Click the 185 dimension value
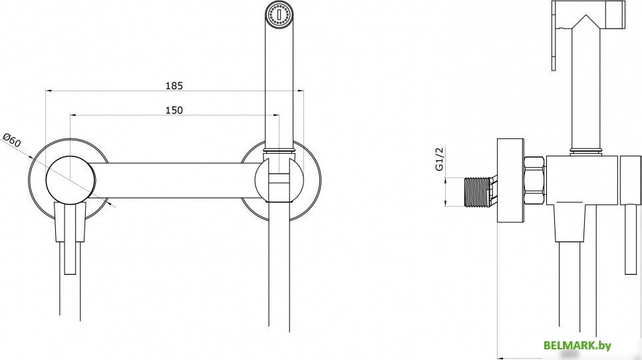(174, 85)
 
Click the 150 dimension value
(174, 110)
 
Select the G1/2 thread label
(440, 160)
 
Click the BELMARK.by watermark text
(577, 346)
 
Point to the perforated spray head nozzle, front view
(277, 15)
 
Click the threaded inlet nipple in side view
(477, 191)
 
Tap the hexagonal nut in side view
(534, 181)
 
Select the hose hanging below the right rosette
(280, 279)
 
